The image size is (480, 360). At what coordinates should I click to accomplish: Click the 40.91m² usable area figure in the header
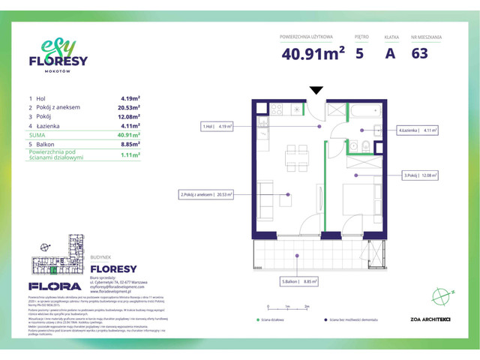click(313, 53)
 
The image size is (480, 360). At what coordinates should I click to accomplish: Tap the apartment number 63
click(421, 53)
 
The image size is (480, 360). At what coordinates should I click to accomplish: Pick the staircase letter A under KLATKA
click(390, 53)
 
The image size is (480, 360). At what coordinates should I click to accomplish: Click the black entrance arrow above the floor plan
click(316, 91)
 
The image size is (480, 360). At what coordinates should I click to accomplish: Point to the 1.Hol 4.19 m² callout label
click(217, 127)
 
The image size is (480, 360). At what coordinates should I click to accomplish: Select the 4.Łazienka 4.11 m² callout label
click(418, 130)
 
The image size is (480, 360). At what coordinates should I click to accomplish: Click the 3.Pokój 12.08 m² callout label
click(421, 175)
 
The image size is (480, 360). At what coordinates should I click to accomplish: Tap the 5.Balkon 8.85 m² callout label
click(300, 282)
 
